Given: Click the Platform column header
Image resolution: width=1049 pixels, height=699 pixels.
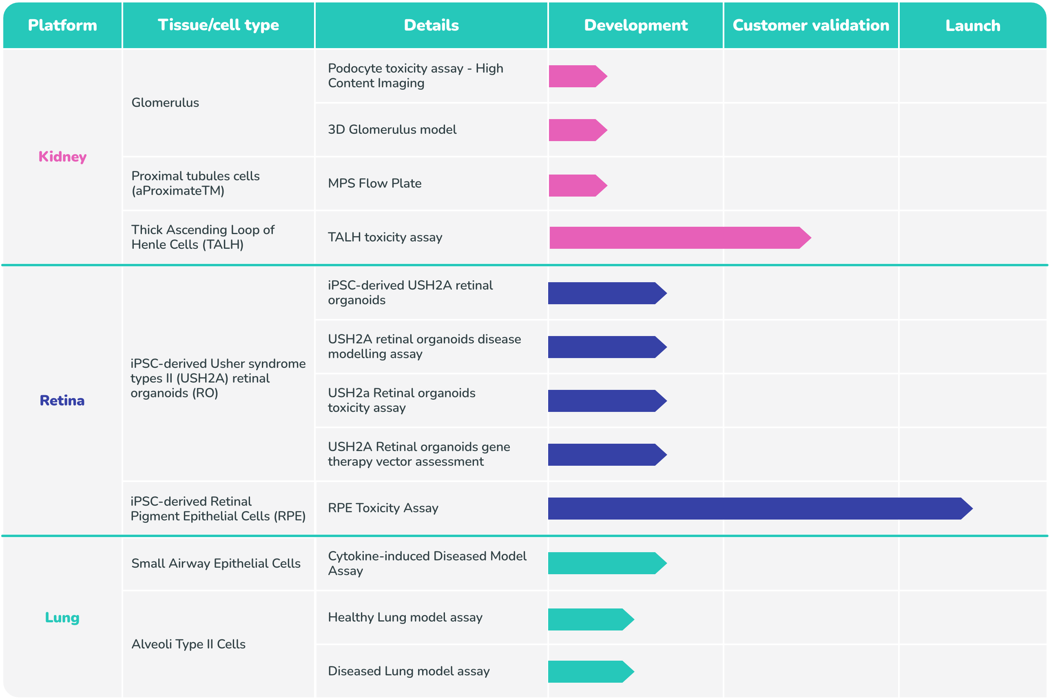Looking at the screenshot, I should (x=62, y=25).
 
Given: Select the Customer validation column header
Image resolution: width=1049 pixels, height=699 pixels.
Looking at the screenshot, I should (x=810, y=25).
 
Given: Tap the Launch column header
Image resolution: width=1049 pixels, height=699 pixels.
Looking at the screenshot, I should (x=972, y=26).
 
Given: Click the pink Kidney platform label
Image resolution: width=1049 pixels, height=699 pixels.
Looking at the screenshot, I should (x=62, y=157).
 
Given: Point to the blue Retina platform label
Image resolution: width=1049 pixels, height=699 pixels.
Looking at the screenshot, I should (x=62, y=400).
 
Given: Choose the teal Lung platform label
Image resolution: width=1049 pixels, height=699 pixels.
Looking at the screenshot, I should (x=62, y=617).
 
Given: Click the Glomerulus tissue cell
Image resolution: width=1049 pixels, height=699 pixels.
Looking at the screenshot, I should (x=165, y=102).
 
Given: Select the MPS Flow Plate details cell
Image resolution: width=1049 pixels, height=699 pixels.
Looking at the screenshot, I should (x=374, y=183).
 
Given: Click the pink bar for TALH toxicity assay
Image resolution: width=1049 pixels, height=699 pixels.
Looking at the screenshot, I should (x=677, y=238).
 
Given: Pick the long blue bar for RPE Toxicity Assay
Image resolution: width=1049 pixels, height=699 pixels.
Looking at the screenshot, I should (x=758, y=508).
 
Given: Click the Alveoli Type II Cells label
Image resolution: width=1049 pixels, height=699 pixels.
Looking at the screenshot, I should (x=188, y=644).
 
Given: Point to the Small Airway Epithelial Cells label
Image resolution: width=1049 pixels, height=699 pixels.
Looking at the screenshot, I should (x=216, y=564).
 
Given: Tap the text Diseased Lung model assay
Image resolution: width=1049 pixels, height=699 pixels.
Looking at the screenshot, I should (x=408, y=671).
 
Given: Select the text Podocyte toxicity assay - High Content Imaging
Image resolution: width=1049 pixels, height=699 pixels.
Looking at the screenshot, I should (x=415, y=76).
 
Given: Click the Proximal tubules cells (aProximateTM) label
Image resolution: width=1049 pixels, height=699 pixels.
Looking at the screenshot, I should (x=195, y=183).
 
